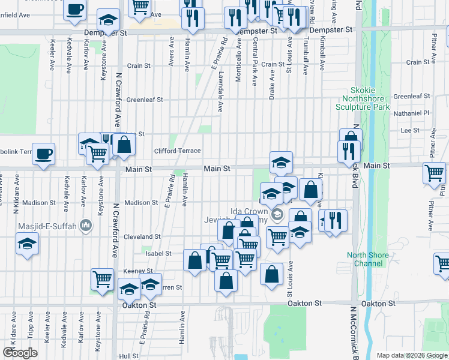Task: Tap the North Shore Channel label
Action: click(x=367, y=259)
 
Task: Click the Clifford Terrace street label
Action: click(x=177, y=151)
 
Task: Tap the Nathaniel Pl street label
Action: click(x=411, y=112)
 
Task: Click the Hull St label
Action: click(x=129, y=356)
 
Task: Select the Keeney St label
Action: click(x=138, y=271)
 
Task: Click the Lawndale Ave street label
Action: click(x=221, y=93)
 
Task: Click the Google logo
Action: click(x=20, y=353)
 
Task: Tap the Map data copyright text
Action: click(x=412, y=355)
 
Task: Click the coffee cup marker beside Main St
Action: click(x=43, y=153)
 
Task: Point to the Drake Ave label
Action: click(x=272, y=84)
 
